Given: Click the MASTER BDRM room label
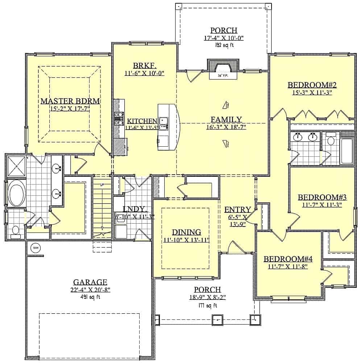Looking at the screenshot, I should [x=70, y=101].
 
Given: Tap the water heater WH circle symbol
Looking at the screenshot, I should [x=36, y=248].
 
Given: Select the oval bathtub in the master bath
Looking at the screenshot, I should [x=16, y=195].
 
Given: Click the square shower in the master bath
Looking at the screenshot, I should [x=16, y=165].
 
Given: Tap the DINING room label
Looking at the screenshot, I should [x=186, y=232].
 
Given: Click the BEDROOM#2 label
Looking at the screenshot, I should [x=313, y=85].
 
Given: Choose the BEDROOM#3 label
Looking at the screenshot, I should [x=322, y=197].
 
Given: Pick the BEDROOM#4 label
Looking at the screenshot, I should [x=288, y=259].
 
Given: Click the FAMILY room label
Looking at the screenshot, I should [x=226, y=119].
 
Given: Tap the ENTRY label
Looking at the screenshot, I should [x=237, y=209].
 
